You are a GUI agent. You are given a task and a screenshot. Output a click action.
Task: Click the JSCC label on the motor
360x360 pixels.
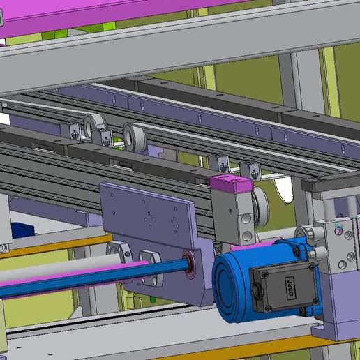tap(290, 288)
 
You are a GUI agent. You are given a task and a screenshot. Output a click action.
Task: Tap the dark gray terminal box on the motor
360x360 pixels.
tap(285, 287)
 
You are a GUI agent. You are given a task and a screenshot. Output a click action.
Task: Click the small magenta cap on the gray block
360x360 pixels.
tap(232, 184)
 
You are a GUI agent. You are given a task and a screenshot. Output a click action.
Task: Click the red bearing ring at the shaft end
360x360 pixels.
tap(189, 264)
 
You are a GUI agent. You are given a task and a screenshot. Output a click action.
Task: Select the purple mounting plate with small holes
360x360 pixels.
tap(149, 213)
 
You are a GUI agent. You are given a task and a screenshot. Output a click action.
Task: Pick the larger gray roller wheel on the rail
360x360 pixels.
tap(135, 137)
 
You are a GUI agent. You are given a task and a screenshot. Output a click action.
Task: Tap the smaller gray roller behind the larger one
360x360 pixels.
tap(95, 126)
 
